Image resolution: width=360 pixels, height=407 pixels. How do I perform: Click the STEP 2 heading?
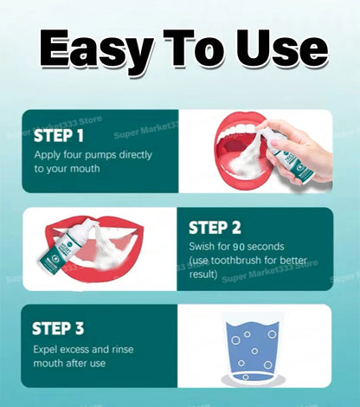click(x=215, y=228)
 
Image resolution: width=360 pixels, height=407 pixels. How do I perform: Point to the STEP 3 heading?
click(x=58, y=328)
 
